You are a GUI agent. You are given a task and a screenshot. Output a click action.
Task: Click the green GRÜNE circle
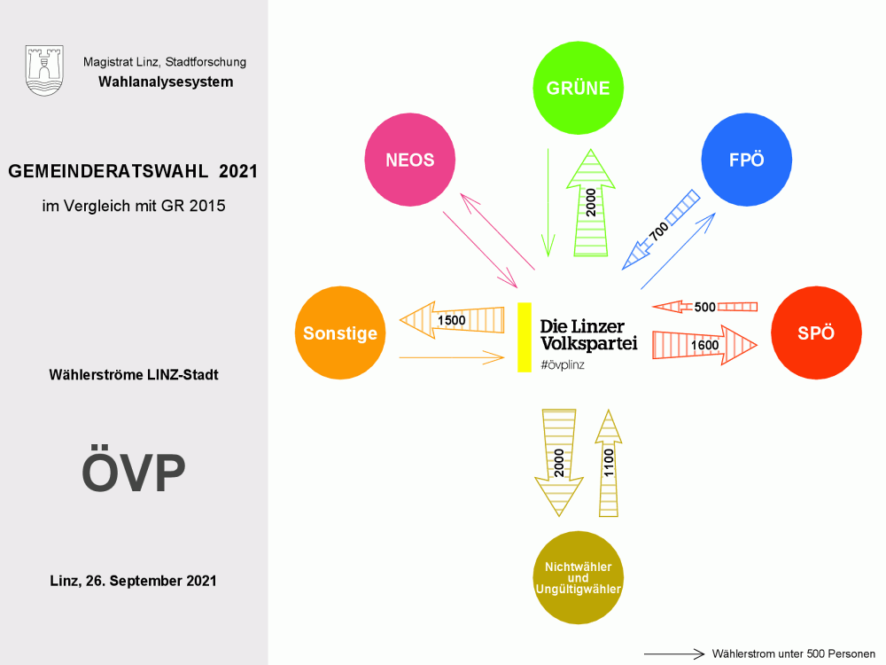point(578,88)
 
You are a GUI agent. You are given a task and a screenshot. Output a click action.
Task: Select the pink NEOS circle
point(409,160)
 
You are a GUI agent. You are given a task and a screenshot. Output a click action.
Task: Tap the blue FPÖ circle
point(746,160)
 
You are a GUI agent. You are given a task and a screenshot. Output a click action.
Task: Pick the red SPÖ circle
point(815,333)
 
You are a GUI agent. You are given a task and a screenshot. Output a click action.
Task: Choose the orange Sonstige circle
point(340,333)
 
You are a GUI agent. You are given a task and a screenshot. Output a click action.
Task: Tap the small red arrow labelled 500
point(704,307)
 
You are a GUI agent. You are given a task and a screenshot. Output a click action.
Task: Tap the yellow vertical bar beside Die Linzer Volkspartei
point(524,337)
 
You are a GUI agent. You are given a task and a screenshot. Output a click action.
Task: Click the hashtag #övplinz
point(563,364)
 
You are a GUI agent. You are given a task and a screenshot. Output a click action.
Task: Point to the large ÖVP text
point(134,473)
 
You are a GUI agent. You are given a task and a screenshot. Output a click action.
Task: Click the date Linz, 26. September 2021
point(134,582)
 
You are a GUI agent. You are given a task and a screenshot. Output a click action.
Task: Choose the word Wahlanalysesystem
point(166,82)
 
